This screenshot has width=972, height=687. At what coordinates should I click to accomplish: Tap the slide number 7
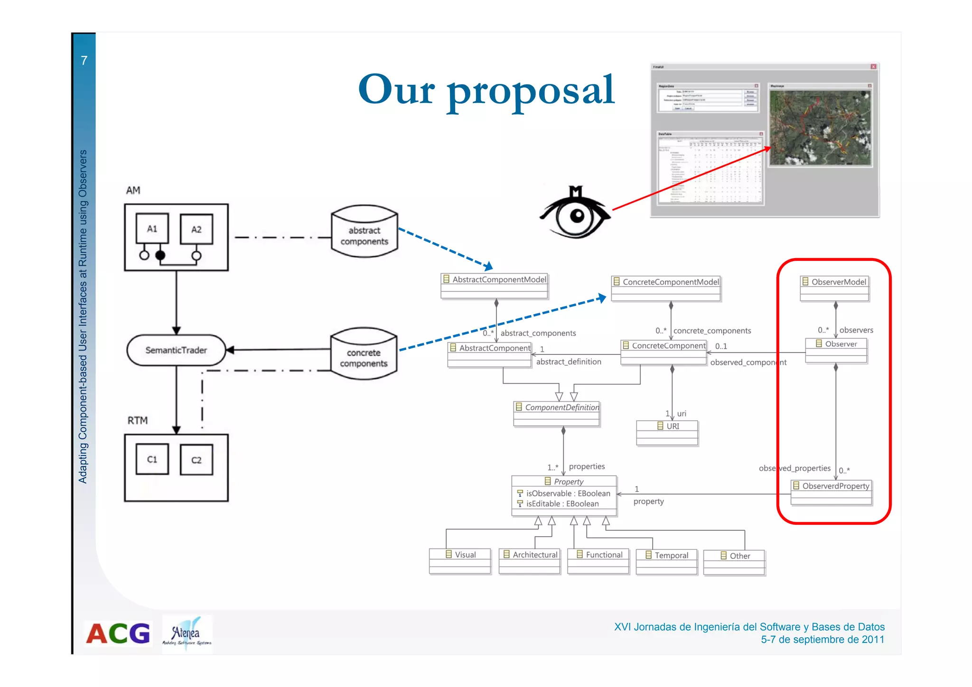[84, 60]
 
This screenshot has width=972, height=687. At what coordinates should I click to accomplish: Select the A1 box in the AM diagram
[152, 229]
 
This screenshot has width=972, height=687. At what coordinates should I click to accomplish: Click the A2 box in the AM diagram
[196, 229]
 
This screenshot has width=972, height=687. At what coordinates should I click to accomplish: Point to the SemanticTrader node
[176, 350]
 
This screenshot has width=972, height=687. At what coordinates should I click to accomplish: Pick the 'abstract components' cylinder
[364, 232]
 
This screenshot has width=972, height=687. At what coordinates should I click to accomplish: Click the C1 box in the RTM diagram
[152, 459]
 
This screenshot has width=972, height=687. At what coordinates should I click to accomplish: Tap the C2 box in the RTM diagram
[196, 460]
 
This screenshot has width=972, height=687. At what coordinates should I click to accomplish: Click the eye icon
[576, 214]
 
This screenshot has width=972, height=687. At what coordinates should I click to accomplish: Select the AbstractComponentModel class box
[495, 286]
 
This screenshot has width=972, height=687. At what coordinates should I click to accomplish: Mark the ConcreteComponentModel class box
[665, 288]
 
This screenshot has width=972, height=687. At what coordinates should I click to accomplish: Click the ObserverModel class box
[834, 288]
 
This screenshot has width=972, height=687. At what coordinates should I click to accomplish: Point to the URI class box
[667, 432]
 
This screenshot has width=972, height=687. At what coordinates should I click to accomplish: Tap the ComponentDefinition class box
[557, 413]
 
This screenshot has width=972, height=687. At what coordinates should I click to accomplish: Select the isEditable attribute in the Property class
[562, 504]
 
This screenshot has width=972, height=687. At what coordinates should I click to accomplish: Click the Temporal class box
[666, 562]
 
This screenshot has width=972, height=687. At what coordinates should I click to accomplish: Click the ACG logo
[118, 634]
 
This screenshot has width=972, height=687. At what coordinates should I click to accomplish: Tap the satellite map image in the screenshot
[820, 128]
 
